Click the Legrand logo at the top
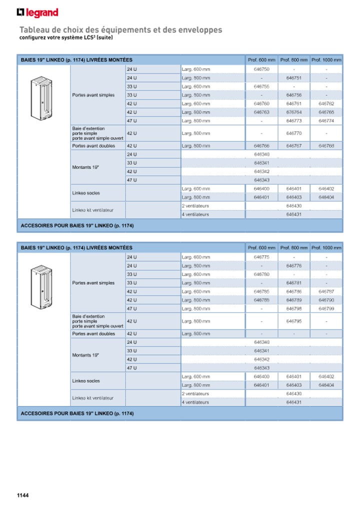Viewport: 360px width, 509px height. click(x=37, y=12)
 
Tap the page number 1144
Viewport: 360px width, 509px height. click(x=23, y=495)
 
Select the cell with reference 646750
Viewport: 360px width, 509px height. click(x=261, y=69)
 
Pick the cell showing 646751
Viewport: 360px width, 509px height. click(x=294, y=78)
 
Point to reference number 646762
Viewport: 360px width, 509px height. click(x=326, y=103)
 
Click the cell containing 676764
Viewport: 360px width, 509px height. click(x=294, y=112)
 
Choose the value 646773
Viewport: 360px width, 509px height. click(x=294, y=120)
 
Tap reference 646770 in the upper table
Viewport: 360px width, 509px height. click(x=294, y=133)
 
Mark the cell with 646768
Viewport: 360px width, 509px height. click(x=326, y=146)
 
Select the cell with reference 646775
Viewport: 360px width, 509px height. click(x=261, y=257)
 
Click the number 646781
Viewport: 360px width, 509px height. click(x=294, y=283)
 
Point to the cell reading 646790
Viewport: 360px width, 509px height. click(x=326, y=300)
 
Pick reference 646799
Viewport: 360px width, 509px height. click(x=326, y=308)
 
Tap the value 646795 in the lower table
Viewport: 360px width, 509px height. click(x=294, y=321)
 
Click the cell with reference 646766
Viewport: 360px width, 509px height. click(x=261, y=146)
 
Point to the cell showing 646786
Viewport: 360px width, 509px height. click(x=294, y=291)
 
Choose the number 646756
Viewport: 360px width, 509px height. click(x=294, y=95)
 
